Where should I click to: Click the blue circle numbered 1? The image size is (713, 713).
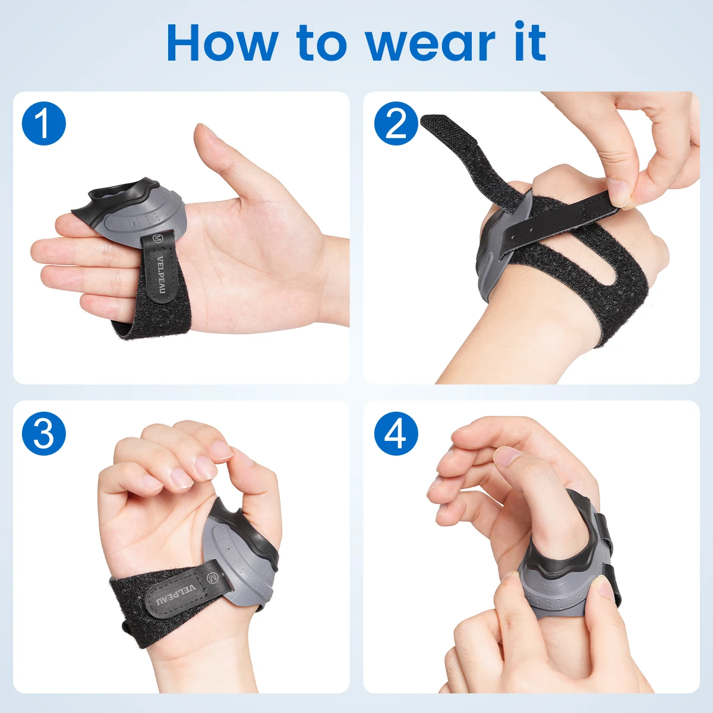pos(43,123)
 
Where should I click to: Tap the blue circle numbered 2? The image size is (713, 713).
pos(396,123)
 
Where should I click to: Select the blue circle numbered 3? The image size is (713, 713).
pos(43,433)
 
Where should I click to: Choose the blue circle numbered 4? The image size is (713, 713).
pos(396,433)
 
